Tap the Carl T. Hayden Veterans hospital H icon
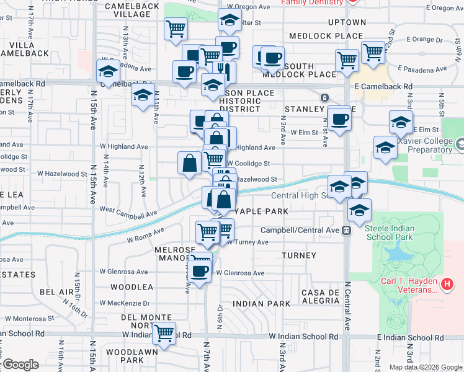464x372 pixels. point(448,285)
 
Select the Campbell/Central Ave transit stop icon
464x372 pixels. point(347,230)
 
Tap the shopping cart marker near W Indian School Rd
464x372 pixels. point(164,334)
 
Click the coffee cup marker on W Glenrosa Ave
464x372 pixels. point(199,272)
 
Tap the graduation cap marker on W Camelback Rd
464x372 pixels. point(109,71)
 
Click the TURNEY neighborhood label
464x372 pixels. point(298,255)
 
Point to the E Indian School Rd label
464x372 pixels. point(409,337)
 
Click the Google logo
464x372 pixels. point(20,365)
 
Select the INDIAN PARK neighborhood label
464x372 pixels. point(262,304)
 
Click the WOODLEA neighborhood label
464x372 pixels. point(132,288)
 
